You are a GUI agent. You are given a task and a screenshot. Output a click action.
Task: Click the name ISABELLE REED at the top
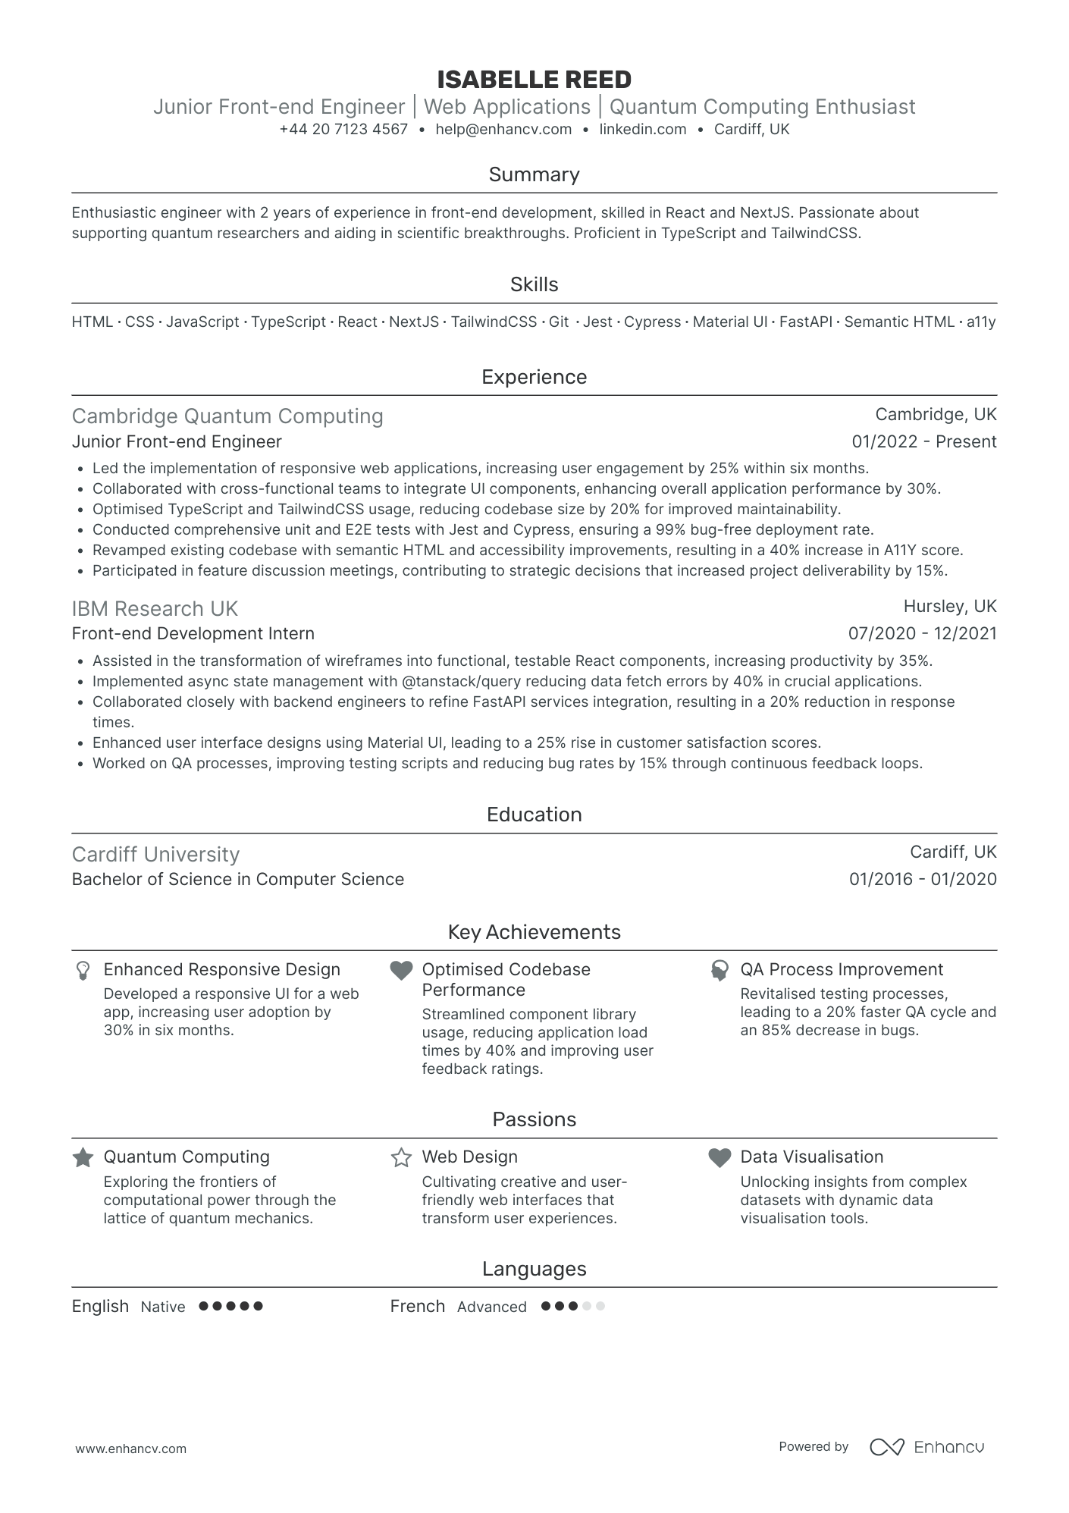534,80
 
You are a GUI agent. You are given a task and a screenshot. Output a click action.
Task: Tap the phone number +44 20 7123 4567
343,129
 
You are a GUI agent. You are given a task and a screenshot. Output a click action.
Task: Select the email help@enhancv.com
503,129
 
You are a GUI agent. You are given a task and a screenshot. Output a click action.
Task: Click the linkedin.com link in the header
643,129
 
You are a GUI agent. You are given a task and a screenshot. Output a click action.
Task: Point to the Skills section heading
534,284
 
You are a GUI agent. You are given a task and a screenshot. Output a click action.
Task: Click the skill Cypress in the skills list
652,322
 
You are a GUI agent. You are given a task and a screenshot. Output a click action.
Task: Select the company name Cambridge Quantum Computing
227,416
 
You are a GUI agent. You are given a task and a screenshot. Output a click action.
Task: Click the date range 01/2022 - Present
923,441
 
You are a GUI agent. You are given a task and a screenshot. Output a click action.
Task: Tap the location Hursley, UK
949,606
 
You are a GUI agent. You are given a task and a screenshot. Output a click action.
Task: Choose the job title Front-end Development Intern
193,633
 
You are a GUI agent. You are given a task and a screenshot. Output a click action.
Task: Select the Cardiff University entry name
155,854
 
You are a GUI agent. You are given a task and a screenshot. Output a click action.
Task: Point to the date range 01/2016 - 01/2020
922,879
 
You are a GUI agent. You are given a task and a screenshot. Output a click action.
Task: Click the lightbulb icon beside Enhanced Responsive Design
83,970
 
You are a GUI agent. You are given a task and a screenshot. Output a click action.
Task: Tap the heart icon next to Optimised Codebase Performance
401,970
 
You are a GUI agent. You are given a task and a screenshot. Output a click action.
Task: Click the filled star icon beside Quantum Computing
83,1157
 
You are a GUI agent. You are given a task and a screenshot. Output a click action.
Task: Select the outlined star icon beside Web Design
401,1157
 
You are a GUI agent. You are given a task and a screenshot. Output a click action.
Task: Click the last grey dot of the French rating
600,1306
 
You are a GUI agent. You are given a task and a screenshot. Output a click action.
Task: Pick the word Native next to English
163,1307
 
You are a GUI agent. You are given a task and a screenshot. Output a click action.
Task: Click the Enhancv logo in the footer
926,1447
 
